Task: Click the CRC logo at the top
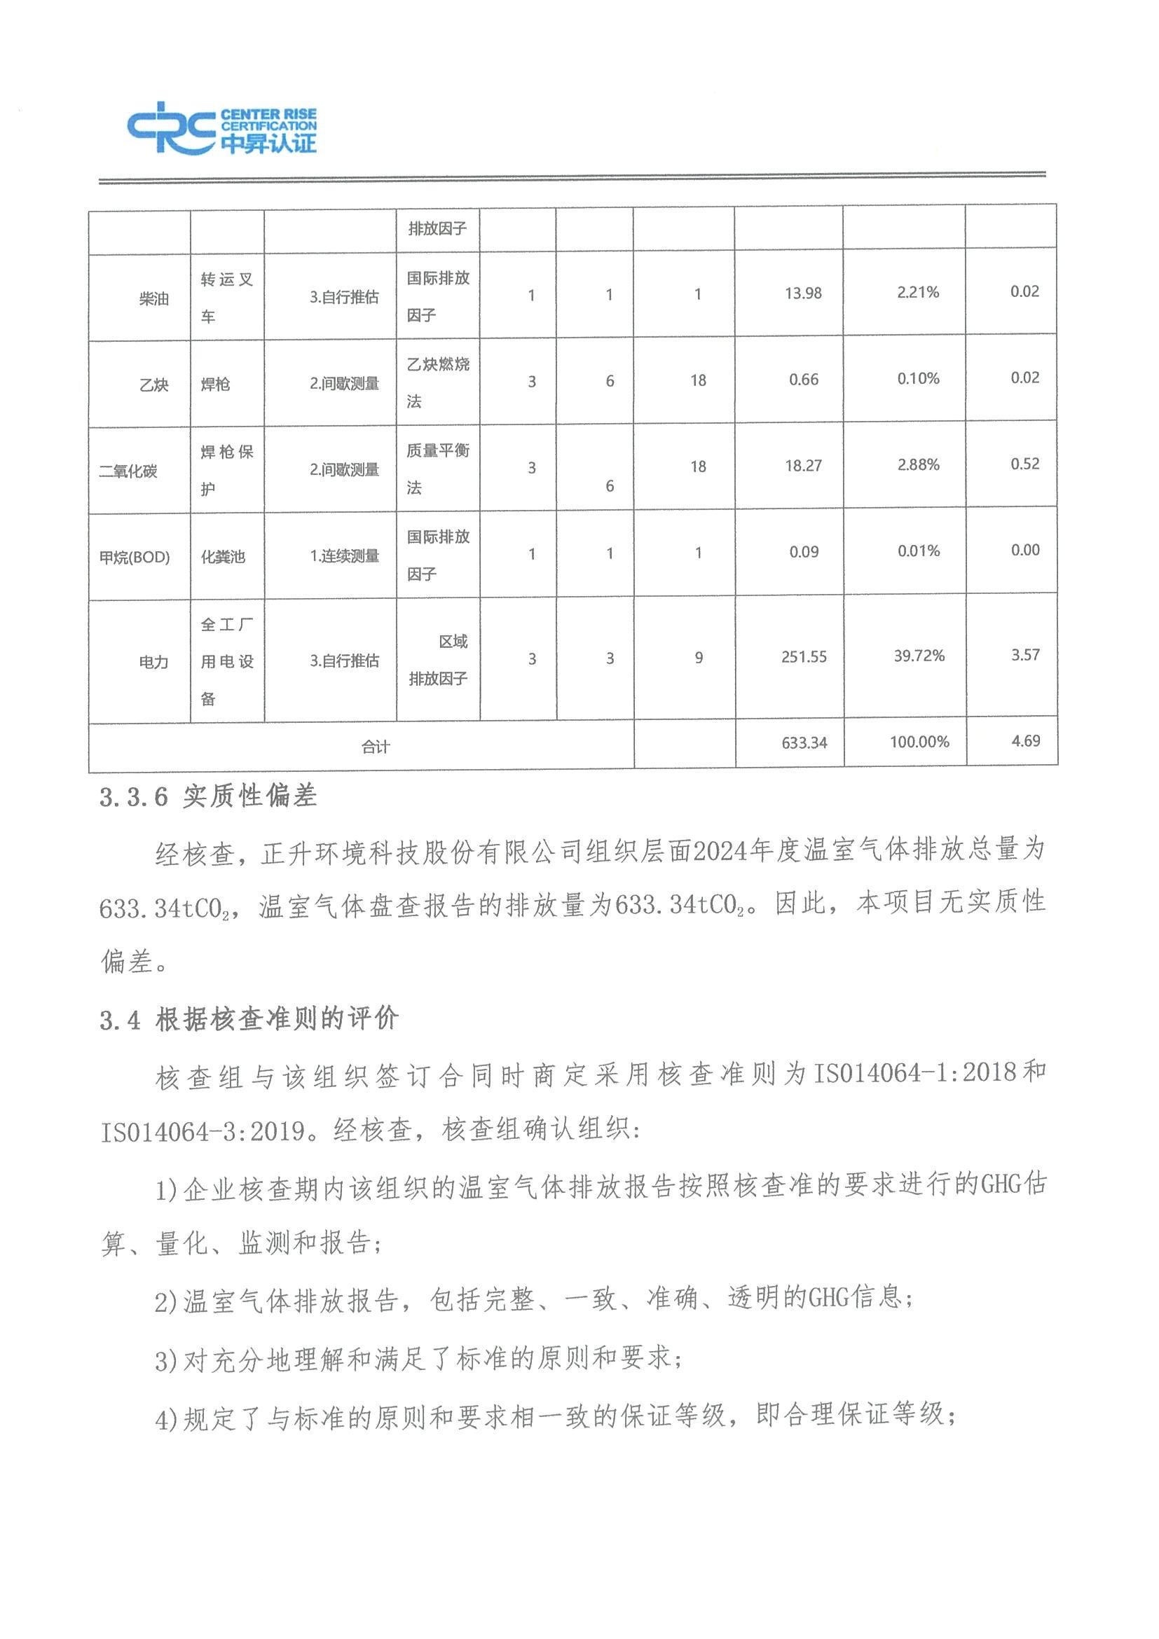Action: coord(221,127)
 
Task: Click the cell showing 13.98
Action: coord(802,293)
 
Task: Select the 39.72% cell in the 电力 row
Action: coord(919,656)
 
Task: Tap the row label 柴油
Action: coord(153,299)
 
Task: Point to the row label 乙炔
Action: coord(153,385)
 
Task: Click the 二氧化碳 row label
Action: coord(128,471)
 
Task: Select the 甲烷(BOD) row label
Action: coord(135,558)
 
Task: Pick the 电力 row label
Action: coord(153,663)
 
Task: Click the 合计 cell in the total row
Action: coord(375,747)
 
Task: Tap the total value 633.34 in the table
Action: coord(804,742)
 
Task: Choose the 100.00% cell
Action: coord(919,742)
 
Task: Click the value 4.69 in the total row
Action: coord(1025,741)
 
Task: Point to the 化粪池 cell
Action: coord(223,557)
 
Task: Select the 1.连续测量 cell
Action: coord(344,556)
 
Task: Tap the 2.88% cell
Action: coord(919,464)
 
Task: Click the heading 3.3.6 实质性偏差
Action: coord(208,796)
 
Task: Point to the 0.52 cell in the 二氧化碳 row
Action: coord(1024,464)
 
